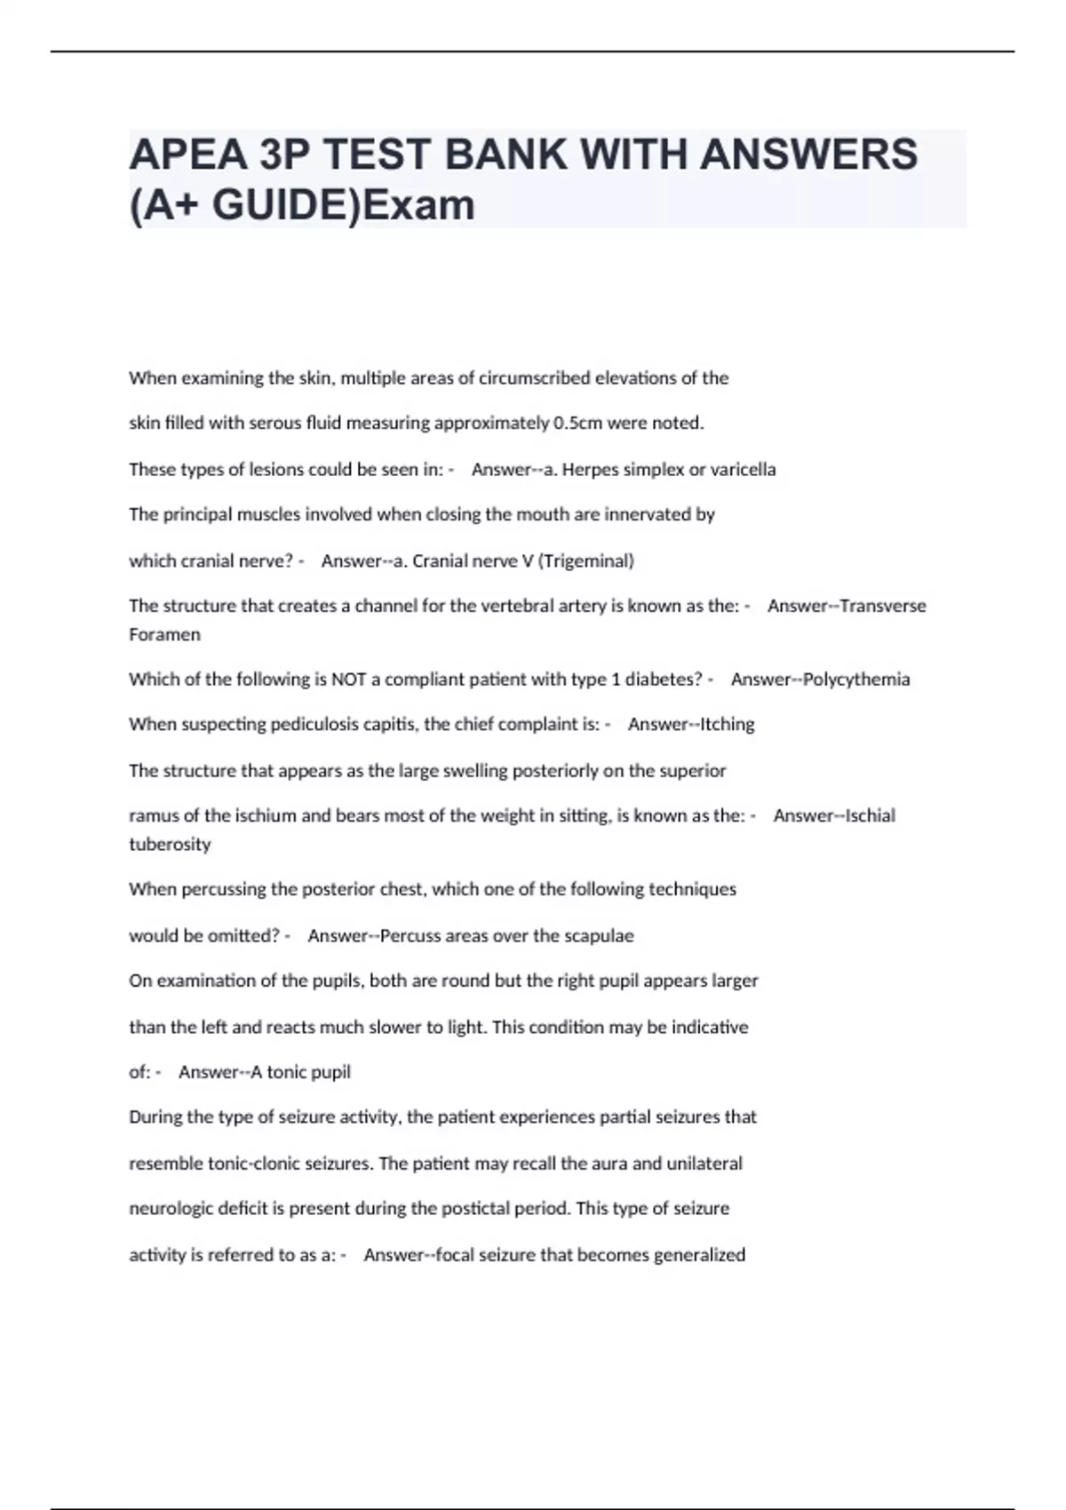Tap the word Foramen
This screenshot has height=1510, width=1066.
(x=164, y=635)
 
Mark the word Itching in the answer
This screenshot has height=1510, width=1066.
(x=728, y=725)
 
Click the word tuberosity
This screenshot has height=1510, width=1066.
(x=170, y=845)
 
